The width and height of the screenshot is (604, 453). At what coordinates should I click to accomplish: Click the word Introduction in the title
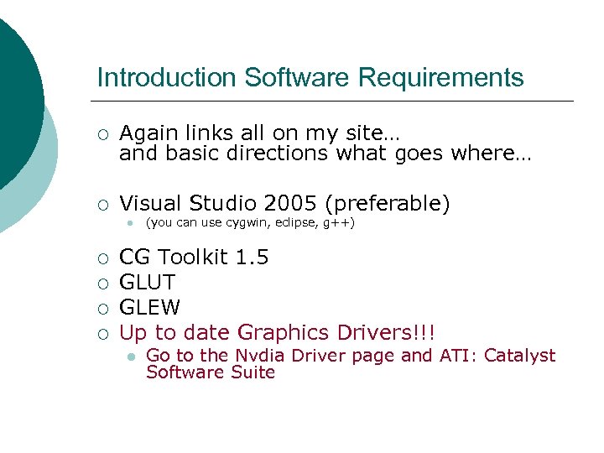pos(167,78)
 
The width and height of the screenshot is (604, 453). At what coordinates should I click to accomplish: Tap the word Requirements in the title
pos(440,78)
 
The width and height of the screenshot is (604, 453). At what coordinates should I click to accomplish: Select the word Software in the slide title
pos(297,78)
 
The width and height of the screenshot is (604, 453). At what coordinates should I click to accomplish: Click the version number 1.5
pos(252,257)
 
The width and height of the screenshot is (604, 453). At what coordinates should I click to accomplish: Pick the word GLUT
pos(148,282)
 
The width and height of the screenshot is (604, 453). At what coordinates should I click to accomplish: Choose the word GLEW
pos(149,307)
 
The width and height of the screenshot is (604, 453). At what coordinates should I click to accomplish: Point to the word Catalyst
pos(518,356)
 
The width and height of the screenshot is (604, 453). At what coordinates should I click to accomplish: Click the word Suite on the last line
pos(253,372)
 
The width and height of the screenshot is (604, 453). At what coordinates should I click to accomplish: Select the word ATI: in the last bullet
pos(458,356)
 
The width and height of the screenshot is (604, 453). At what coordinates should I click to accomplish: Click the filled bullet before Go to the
pos(130,357)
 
